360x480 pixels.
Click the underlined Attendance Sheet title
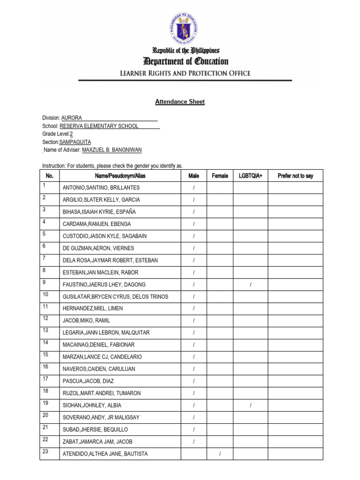tap(180, 102)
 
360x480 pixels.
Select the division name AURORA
tap(71, 118)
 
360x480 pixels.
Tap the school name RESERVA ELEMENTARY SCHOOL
tap(99, 126)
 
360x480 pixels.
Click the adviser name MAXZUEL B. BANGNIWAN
tap(112, 150)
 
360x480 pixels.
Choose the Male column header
tap(194, 176)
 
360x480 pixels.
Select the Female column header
tap(220, 176)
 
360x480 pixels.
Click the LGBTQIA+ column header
tap(250, 176)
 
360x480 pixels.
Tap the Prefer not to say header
tap(295, 176)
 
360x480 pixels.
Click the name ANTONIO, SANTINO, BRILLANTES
tap(101, 187)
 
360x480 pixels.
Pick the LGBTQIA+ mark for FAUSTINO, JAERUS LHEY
tap(250, 285)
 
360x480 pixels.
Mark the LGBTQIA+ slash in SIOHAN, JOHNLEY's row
tap(250, 405)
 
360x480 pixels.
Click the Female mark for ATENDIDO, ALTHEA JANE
tap(220, 454)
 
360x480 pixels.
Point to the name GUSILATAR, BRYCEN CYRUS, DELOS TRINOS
tap(115, 297)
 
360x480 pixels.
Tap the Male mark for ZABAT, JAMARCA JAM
tap(194, 442)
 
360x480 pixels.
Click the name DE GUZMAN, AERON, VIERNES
tap(98, 248)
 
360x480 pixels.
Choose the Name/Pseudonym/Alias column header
tap(120, 176)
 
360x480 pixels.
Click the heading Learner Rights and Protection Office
tap(185, 73)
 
